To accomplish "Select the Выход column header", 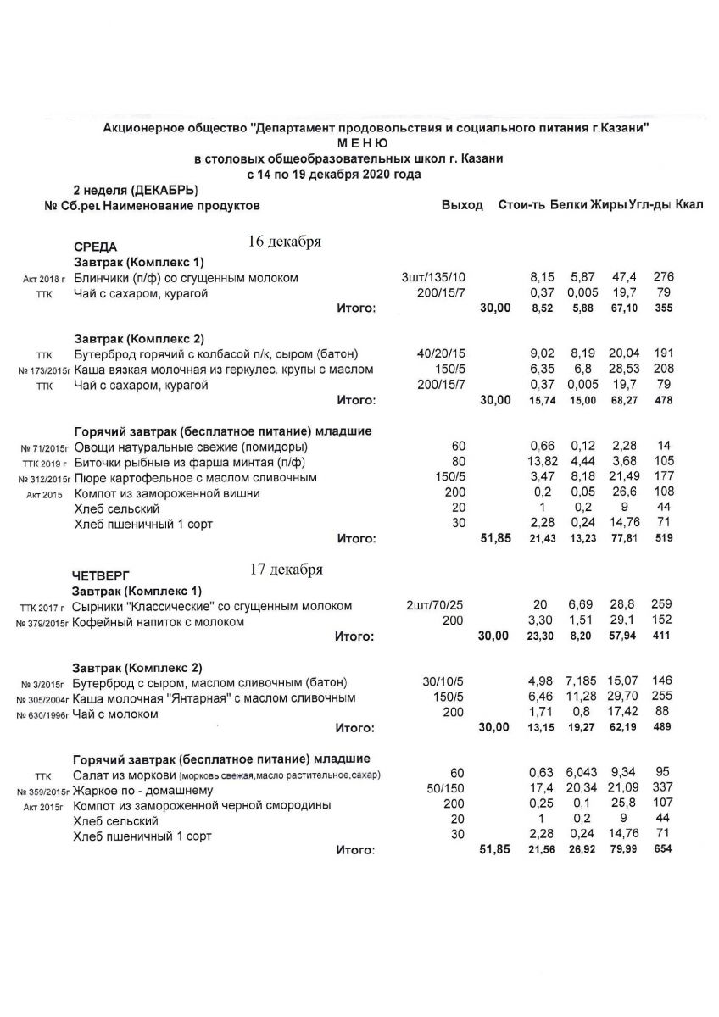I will pyautogui.click(x=462, y=205).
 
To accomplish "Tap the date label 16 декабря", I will pyautogui.click(x=284, y=242).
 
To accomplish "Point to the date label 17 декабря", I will pyautogui.click(x=286, y=570).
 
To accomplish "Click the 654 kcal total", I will pyautogui.click(x=662, y=849).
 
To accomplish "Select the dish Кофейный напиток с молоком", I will pyautogui.click(x=159, y=621).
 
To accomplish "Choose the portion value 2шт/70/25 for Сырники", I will pyautogui.click(x=435, y=606).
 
